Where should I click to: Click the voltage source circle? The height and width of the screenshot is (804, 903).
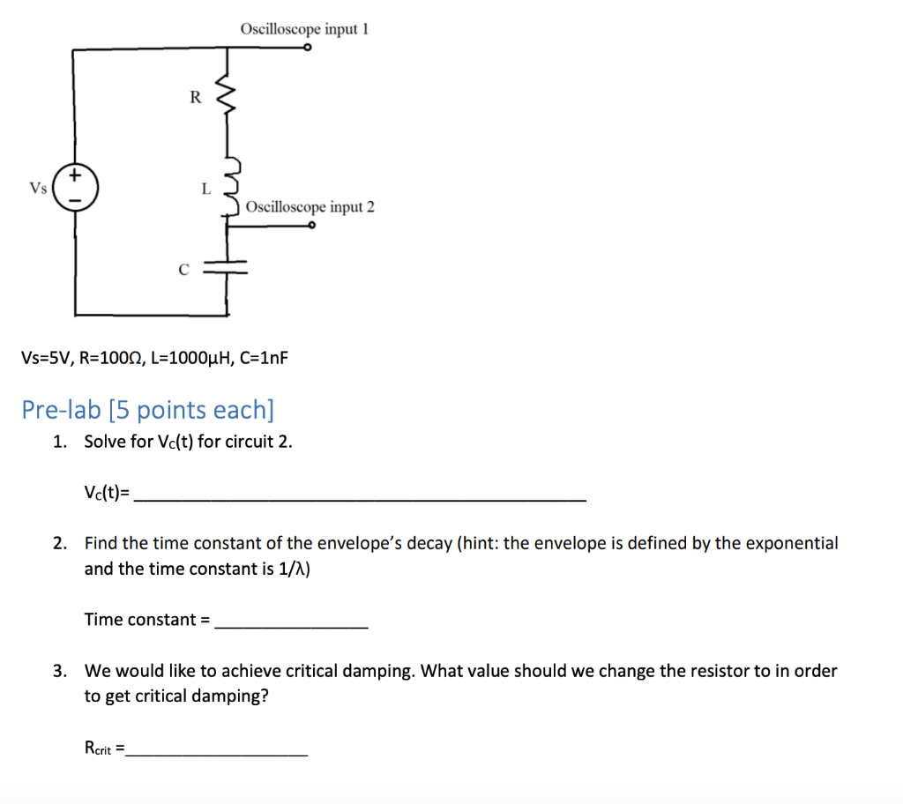coord(76,188)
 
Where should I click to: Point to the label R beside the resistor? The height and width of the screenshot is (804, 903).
coord(195,98)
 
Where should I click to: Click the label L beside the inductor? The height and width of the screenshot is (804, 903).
coord(205,188)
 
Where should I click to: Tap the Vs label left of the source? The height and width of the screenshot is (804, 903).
coord(38,188)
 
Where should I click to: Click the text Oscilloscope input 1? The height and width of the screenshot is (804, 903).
coord(304,29)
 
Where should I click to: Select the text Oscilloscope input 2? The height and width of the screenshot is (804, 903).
coord(310,207)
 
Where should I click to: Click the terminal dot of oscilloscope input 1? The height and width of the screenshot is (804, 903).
coord(307,49)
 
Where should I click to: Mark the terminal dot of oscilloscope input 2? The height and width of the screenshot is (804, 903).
coord(312,226)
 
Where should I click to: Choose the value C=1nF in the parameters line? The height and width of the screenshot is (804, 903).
coord(264,359)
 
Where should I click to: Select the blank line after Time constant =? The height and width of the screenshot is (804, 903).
coord(291,624)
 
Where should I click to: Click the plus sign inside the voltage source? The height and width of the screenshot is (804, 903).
coord(76,176)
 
